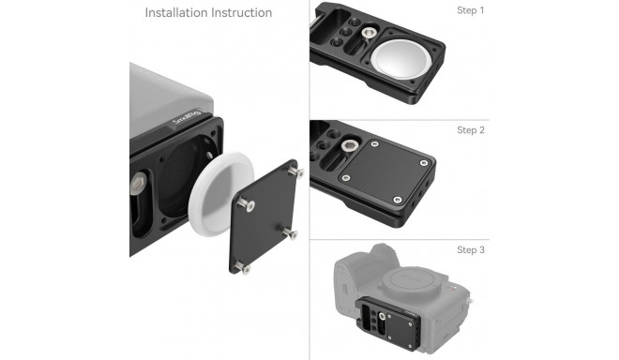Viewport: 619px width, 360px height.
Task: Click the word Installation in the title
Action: coord(175,13)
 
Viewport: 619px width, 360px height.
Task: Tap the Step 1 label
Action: coord(471,10)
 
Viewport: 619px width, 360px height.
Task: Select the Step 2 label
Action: coord(471,130)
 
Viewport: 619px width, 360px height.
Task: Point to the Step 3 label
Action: coord(471,250)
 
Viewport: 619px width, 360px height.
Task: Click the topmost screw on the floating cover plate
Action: coord(297,172)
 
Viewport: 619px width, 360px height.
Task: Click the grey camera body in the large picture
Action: coord(169,89)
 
